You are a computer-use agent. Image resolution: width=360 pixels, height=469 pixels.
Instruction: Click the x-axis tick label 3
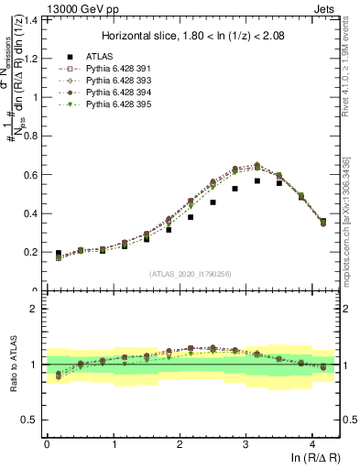pyautogui.click(x=246, y=445)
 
